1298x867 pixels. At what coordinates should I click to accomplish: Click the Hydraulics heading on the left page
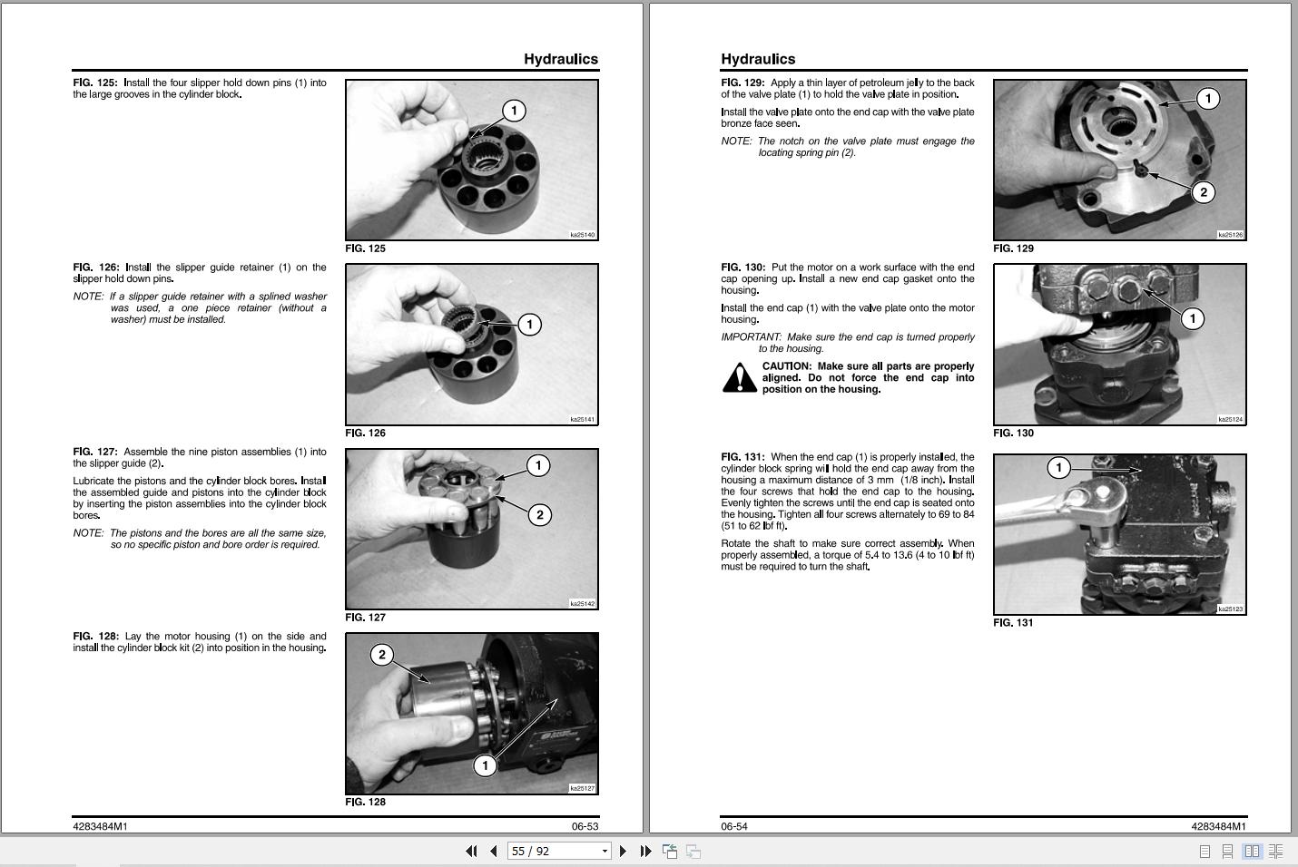click(x=560, y=59)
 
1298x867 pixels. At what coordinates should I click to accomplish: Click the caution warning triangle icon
click(x=739, y=377)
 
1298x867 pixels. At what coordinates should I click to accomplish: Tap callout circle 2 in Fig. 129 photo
click(x=1203, y=192)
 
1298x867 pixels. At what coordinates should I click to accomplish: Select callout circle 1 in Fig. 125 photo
click(x=514, y=111)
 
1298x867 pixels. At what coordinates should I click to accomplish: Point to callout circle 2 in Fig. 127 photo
click(x=539, y=515)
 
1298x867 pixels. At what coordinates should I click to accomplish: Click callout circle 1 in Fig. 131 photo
click(x=1058, y=468)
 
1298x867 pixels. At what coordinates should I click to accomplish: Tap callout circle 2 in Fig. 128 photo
click(x=382, y=655)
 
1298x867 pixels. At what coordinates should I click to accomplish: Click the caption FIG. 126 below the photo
click(x=365, y=433)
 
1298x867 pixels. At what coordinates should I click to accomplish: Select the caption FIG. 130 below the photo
click(x=1013, y=433)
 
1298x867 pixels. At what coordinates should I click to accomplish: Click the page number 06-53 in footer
click(x=585, y=826)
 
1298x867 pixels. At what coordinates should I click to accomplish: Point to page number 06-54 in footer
click(x=734, y=826)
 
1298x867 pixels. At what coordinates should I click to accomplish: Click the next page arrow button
click(x=623, y=851)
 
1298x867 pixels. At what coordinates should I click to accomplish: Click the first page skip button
click(x=471, y=851)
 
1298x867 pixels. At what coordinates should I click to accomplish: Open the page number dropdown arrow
click(x=605, y=851)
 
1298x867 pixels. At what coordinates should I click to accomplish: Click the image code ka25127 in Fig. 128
click(x=582, y=788)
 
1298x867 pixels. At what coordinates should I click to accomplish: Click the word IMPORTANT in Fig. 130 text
click(x=751, y=337)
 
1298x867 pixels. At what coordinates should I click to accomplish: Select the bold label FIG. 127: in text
click(x=95, y=452)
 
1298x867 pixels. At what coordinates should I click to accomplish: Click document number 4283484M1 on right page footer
click(x=1218, y=826)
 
